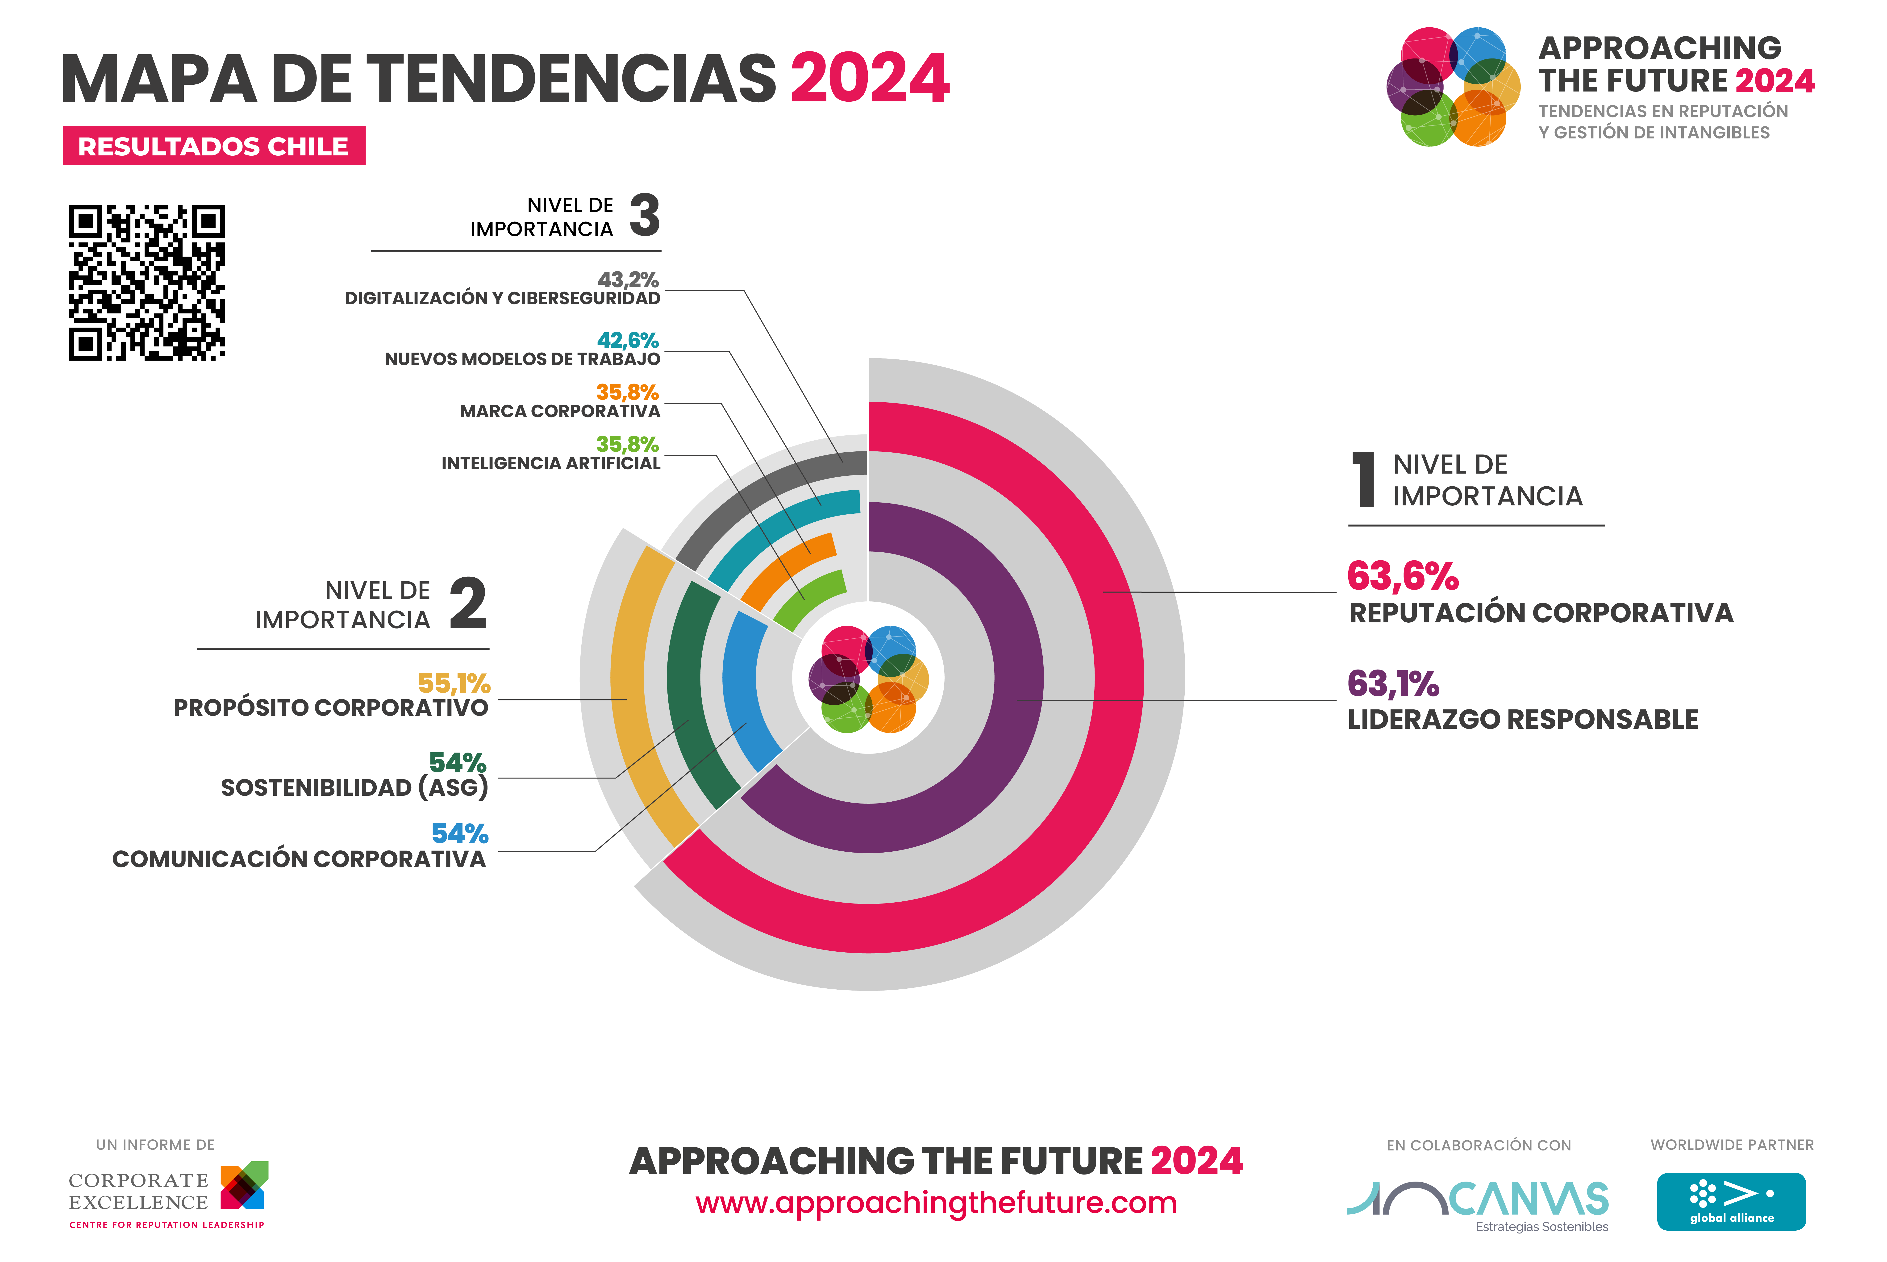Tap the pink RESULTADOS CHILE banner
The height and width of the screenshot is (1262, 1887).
(x=214, y=146)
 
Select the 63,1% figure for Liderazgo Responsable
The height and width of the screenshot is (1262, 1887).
(x=1393, y=684)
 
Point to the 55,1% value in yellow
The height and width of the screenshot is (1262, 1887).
(x=454, y=683)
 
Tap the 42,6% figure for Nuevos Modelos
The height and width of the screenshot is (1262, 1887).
(x=628, y=341)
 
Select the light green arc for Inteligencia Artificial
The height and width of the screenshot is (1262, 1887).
(x=806, y=600)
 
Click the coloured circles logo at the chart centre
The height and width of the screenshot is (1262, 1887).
(x=868, y=679)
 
